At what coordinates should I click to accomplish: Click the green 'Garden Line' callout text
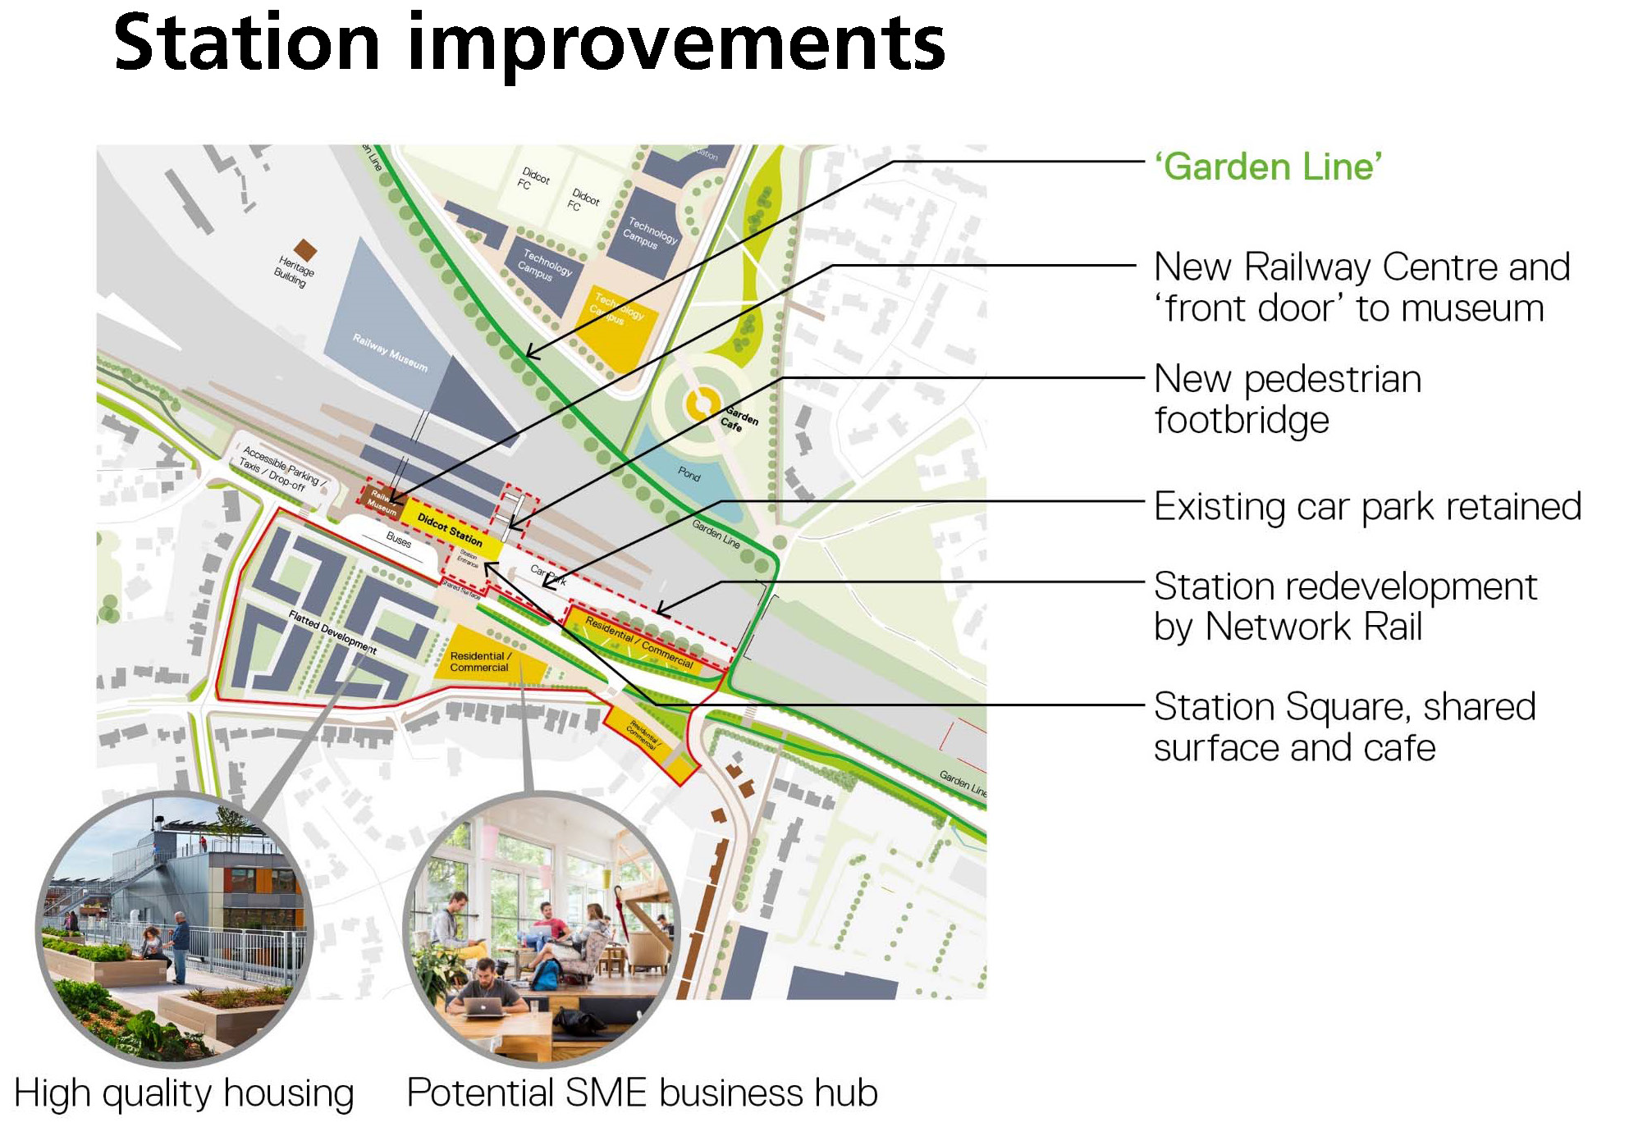(x=1268, y=167)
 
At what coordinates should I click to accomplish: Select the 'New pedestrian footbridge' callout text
(x=1287, y=399)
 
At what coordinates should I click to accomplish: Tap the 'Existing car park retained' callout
(x=1367, y=507)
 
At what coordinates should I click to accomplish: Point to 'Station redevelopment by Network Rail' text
(x=1344, y=607)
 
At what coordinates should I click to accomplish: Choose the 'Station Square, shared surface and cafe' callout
(x=1343, y=728)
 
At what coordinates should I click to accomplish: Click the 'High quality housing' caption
(x=184, y=1094)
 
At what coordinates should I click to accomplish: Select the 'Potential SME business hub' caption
(x=642, y=1093)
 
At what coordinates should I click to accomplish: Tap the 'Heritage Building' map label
(x=293, y=271)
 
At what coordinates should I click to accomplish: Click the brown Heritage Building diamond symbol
(x=305, y=250)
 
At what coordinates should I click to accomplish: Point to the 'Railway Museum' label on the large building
(x=390, y=352)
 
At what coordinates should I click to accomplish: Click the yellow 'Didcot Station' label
(x=450, y=529)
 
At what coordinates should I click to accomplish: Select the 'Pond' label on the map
(x=689, y=474)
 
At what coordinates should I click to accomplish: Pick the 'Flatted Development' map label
(x=332, y=632)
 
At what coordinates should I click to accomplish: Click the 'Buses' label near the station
(x=399, y=539)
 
